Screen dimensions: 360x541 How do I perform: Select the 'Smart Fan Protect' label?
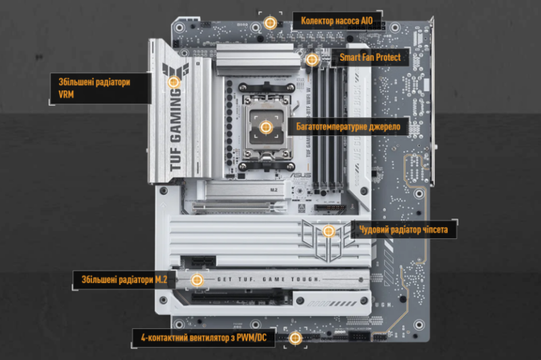pyautogui.click(x=374, y=58)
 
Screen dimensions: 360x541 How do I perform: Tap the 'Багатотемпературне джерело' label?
pyautogui.click(x=348, y=127)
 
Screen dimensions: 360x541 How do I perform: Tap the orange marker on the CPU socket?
pyautogui.click(x=264, y=127)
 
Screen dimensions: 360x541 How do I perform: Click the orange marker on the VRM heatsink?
pyautogui.click(x=174, y=81)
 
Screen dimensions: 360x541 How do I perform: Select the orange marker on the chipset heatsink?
pyautogui.click(x=329, y=231)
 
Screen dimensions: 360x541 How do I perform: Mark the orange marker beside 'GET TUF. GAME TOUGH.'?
pyautogui.click(x=197, y=279)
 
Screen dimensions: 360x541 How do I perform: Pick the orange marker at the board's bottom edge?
pyautogui.click(x=295, y=337)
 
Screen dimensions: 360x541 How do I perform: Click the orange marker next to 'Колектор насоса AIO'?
pyautogui.click(x=270, y=22)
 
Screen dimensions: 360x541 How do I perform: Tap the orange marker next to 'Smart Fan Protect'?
pyautogui.click(x=312, y=60)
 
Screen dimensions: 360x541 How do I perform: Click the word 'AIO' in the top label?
pyautogui.click(x=366, y=20)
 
